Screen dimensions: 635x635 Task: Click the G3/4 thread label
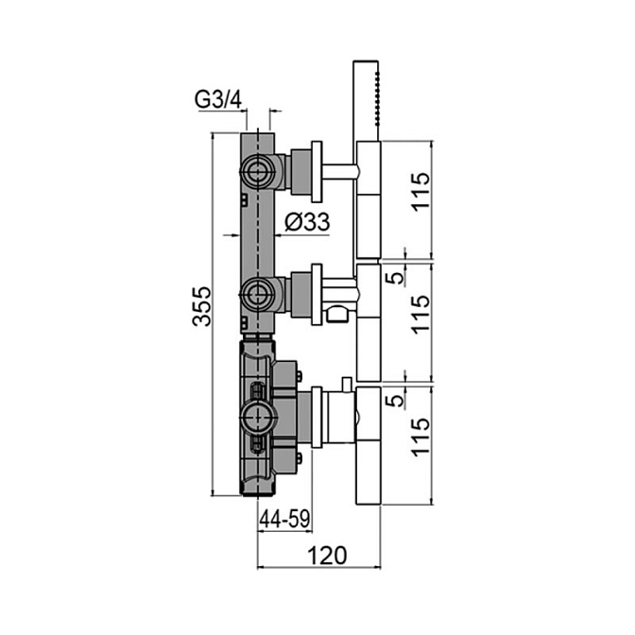tap(218, 99)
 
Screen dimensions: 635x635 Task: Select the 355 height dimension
tap(201, 306)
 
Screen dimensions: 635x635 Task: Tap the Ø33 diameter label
tap(307, 222)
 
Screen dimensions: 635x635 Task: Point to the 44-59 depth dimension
tap(284, 519)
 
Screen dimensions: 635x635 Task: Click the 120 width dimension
tap(328, 556)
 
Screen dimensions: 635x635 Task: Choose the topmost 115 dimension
tap(420, 191)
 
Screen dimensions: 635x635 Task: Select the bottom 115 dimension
tap(420, 438)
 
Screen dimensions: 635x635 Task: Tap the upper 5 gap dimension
tap(397, 278)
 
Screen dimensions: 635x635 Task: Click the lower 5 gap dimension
tap(397, 401)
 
